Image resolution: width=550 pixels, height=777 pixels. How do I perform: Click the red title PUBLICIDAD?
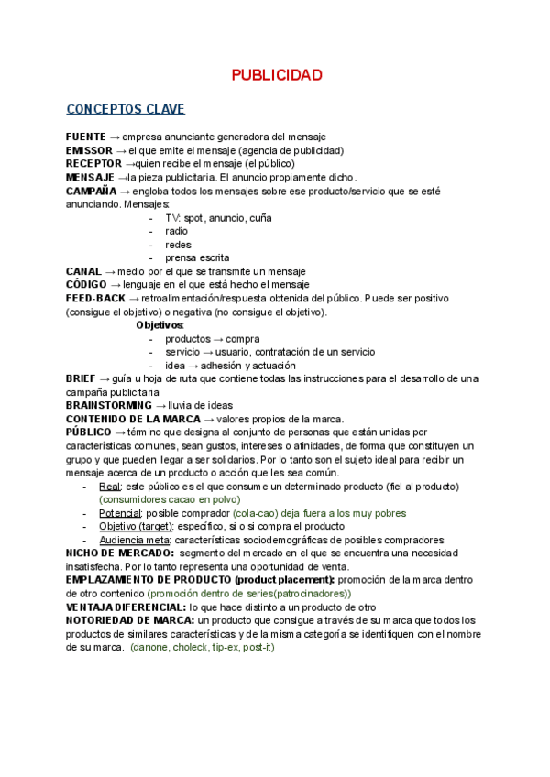coord(275,74)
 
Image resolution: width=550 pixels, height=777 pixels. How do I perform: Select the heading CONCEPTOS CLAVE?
coord(126,109)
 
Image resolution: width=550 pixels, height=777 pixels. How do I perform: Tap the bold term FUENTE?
coord(85,137)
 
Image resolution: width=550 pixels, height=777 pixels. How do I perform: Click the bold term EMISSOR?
coord(88,150)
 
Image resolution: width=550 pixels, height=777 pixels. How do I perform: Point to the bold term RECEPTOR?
coord(93,164)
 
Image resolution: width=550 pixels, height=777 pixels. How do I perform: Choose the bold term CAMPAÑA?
coord(91,191)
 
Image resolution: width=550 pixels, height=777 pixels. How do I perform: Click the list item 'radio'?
coord(176,232)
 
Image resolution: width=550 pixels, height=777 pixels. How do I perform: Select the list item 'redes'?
coord(178,245)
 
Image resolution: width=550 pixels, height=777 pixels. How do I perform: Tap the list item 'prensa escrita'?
coord(197,258)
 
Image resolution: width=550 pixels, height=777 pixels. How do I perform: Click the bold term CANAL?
coord(83,272)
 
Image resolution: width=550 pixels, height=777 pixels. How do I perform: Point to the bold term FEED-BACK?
coord(96,299)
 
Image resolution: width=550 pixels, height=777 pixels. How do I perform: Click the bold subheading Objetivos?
coord(159,325)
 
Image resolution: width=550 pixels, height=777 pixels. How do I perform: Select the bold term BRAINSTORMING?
coord(109,405)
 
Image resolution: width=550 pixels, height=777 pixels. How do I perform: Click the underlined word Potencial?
coord(118,514)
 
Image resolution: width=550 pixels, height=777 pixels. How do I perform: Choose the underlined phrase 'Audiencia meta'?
coord(134,541)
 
